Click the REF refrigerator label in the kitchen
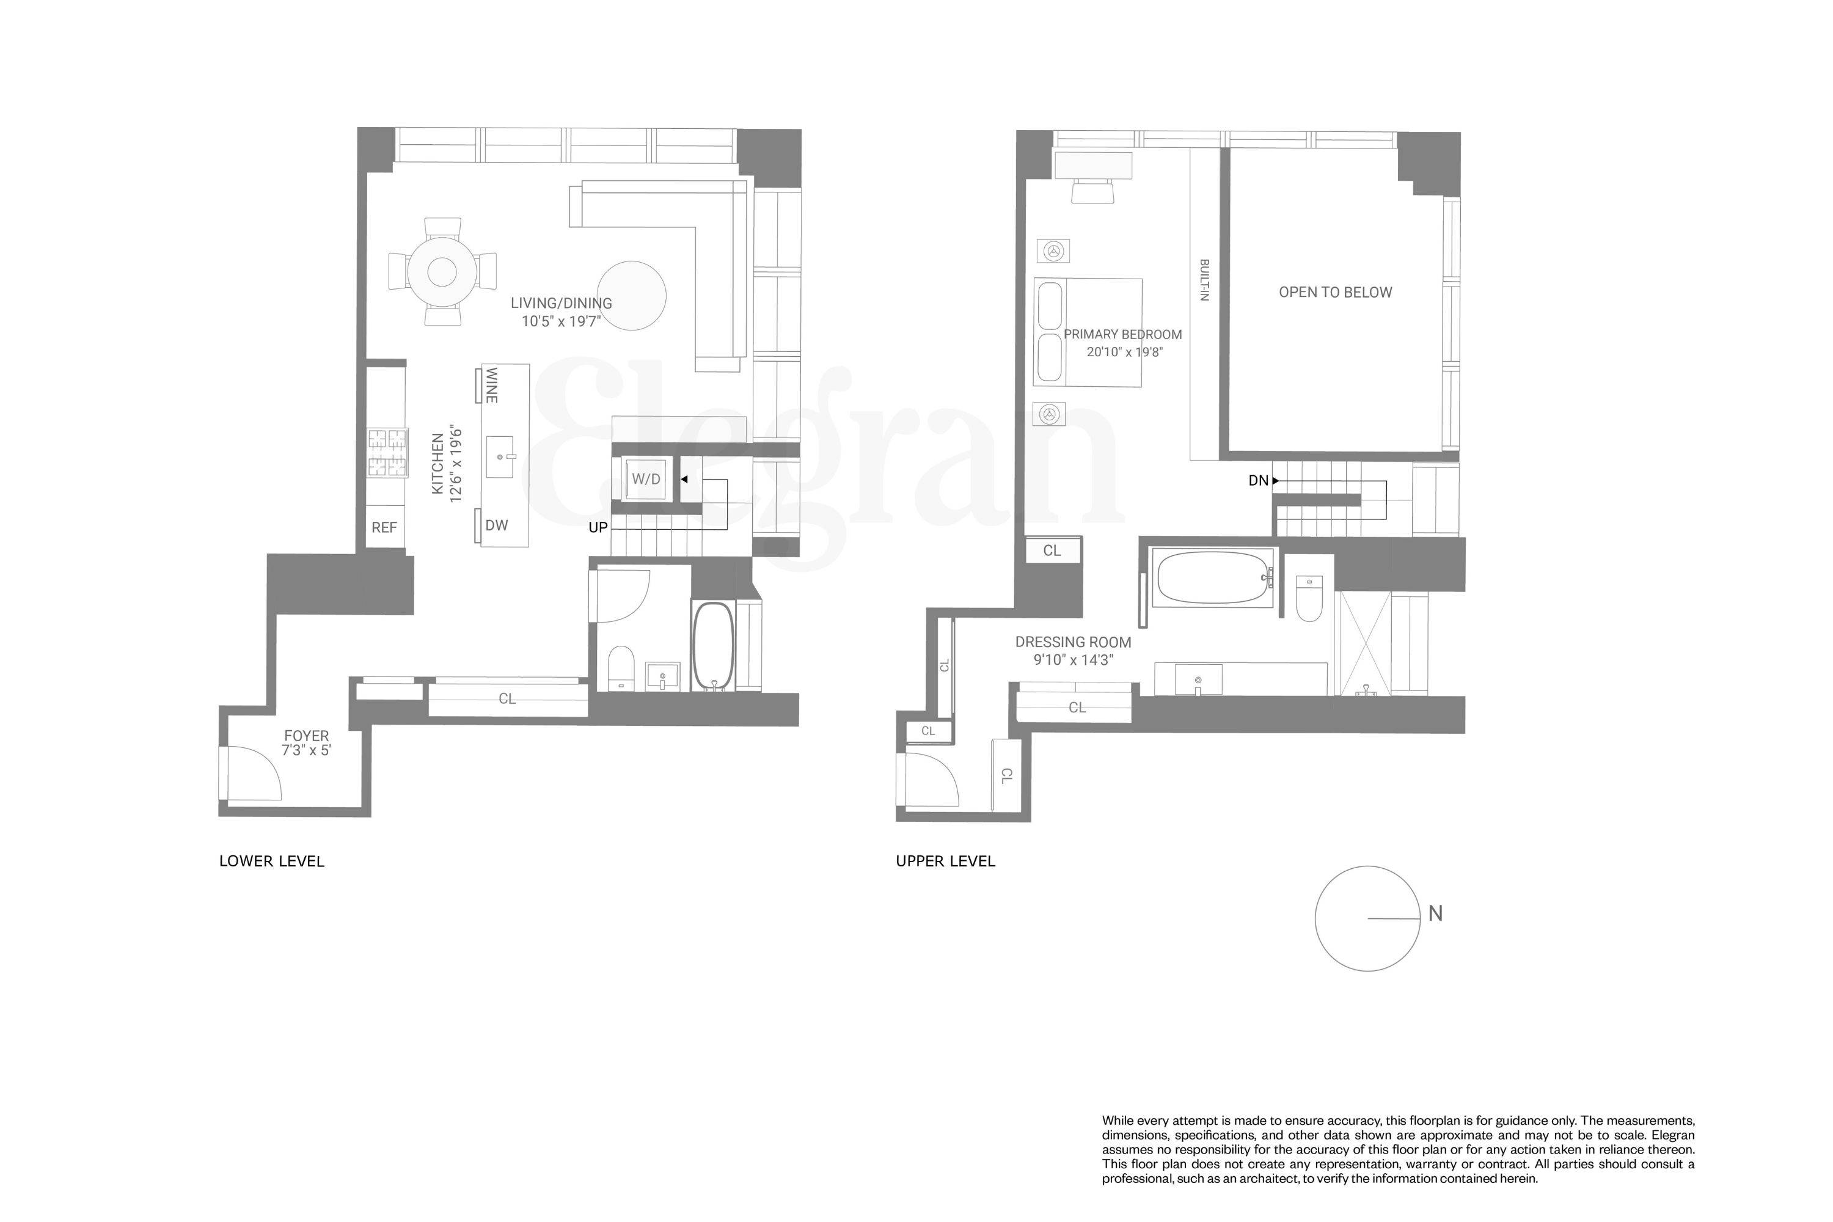384,528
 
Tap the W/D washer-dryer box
645,479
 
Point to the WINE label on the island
492,385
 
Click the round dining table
442,272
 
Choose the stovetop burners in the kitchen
387,453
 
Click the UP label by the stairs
598,528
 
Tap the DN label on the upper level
1258,481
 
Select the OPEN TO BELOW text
1335,292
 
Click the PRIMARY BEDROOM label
1122,334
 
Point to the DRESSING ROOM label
1072,642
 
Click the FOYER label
306,736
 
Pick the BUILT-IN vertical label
1204,280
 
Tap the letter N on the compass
1435,913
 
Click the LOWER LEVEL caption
271,861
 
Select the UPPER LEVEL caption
945,861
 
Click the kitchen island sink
500,456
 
